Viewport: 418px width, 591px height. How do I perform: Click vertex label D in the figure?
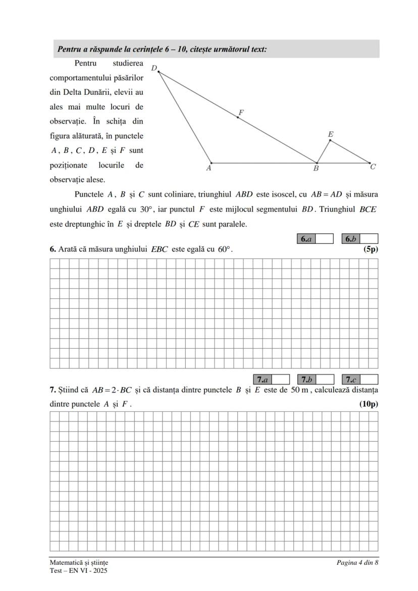(154, 68)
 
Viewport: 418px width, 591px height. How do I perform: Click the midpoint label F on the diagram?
(241, 112)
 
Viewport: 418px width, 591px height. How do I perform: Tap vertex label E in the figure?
(330, 134)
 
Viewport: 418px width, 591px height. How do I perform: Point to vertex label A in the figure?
(208, 169)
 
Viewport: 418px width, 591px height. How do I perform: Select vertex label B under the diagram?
(316, 169)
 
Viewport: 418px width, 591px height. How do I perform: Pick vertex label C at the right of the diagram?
(373, 167)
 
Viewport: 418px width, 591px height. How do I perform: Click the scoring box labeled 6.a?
(315, 239)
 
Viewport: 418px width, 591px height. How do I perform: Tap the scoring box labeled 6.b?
(360, 239)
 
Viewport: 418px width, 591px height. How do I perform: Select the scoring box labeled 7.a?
(271, 380)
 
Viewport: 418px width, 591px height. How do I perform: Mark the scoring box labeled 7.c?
(360, 380)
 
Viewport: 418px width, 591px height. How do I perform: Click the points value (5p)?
(371, 249)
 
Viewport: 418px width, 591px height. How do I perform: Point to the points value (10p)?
(369, 404)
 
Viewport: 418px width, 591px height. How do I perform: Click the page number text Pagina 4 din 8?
(357, 562)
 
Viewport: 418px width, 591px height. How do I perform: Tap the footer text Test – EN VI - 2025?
(78, 571)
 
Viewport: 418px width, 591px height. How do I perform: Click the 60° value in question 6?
(225, 249)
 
